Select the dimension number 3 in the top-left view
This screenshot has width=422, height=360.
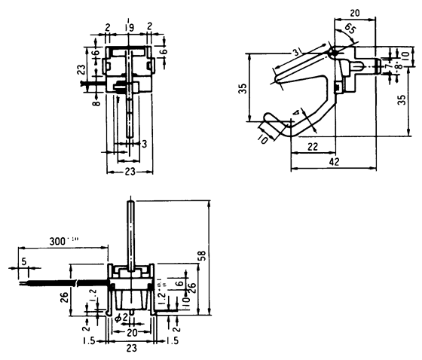(x=144, y=142)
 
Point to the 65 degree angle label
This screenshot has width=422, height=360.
(x=350, y=29)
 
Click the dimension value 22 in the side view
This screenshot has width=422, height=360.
(x=312, y=148)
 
